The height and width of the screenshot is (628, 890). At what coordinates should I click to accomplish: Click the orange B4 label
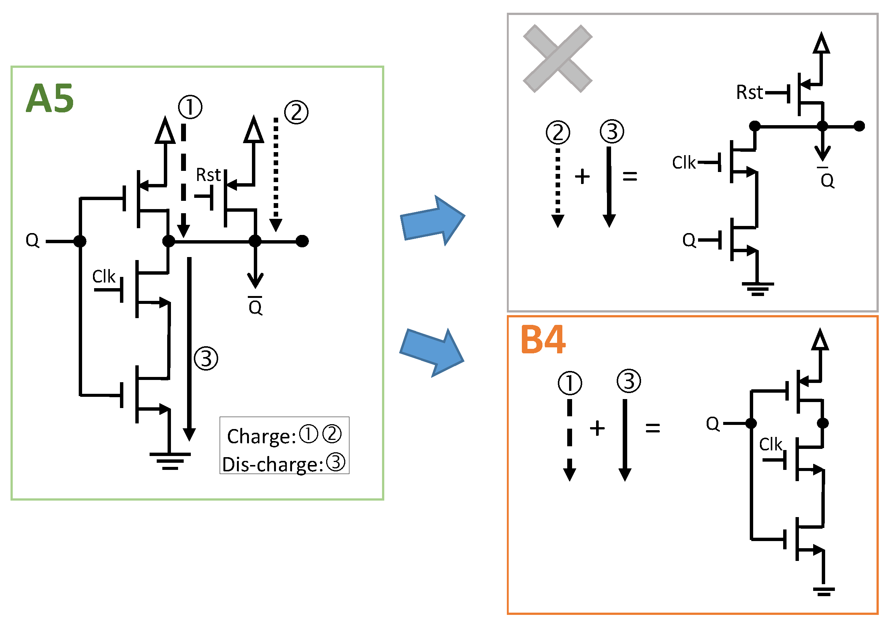pos(543,340)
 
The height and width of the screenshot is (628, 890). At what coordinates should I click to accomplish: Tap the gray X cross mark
pos(557,59)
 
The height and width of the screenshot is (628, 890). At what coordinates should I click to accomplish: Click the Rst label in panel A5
pos(208,175)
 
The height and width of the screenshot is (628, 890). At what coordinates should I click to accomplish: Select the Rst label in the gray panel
pos(749,93)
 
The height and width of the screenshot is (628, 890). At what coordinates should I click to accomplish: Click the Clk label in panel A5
pos(103,277)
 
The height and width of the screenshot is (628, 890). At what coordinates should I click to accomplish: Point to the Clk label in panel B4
pos(770,444)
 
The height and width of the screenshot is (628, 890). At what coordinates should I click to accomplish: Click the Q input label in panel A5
pos(32,241)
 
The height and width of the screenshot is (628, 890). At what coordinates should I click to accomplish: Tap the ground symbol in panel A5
pos(170,461)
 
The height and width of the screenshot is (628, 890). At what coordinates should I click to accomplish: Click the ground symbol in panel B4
pos(823,592)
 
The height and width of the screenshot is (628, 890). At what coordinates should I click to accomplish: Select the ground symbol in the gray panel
pos(757,289)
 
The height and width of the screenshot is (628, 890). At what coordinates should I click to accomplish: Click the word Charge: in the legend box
pos(262,437)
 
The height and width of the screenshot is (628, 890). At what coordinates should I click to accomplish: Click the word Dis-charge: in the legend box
pos(273,465)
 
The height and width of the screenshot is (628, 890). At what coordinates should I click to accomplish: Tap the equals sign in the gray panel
pos(629,176)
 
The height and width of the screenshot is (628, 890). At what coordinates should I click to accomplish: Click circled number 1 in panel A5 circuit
pos(190,107)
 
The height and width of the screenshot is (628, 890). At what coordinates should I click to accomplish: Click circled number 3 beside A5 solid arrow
pos(206,358)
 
